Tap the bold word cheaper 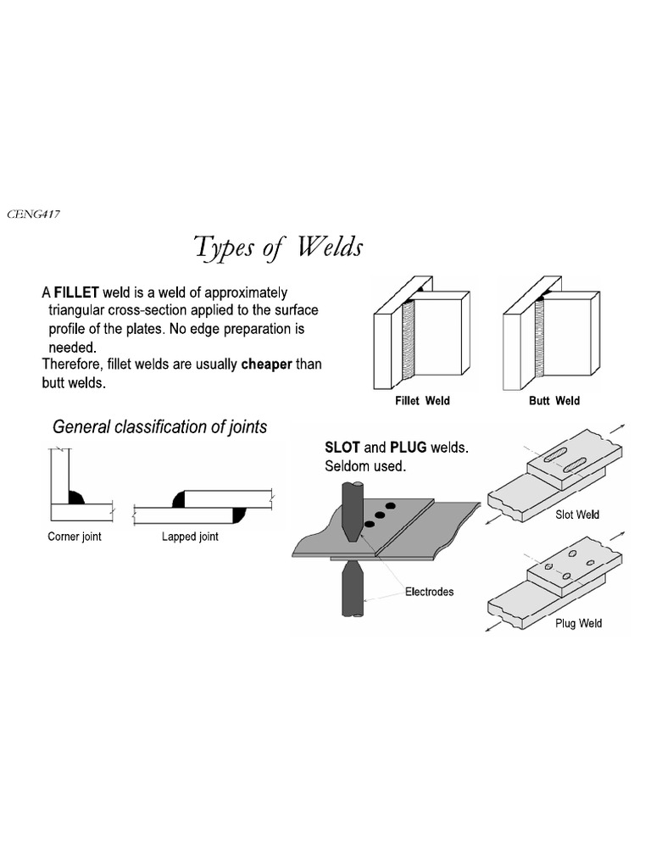point(267,364)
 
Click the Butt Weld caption point(554,400)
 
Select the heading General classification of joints point(159,427)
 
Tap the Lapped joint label point(190,537)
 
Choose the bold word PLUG point(409,448)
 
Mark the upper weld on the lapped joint point(180,501)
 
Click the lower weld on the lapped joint point(237,513)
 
